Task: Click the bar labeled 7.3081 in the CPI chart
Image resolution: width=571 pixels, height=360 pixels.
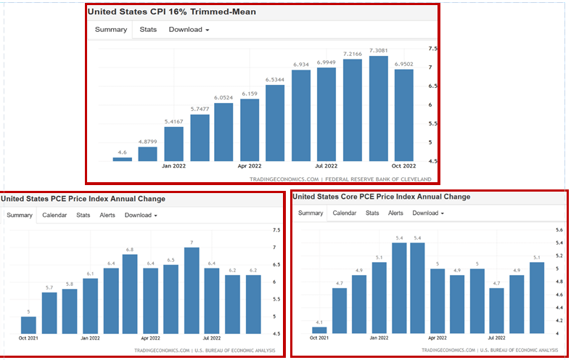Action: pos(379,108)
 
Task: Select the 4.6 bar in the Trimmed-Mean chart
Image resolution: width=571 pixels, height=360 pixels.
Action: pos(123,159)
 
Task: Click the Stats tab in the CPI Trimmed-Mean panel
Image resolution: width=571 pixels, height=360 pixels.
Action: pos(148,30)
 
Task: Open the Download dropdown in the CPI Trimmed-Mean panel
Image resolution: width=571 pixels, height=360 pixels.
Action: pos(189,30)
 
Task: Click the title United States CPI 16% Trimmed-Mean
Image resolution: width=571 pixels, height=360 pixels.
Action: pos(172,12)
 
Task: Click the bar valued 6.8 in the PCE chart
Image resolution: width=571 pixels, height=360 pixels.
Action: pos(131,294)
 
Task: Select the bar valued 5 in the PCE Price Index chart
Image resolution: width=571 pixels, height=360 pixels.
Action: pos(28,325)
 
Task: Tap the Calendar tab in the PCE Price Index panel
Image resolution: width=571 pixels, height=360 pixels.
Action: pos(54,215)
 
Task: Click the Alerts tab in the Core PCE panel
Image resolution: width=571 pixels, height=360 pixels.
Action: pos(395,213)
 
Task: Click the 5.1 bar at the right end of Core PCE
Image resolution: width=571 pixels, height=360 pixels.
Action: pos(536,298)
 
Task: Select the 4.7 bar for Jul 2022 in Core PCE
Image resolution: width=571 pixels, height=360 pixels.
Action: pos(497,311)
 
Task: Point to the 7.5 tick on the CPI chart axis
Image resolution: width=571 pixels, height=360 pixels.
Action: pos(433,49)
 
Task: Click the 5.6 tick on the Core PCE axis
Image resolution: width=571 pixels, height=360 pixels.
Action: pos(559,229)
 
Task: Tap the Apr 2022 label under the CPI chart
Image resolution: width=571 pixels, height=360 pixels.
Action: pos(250,165)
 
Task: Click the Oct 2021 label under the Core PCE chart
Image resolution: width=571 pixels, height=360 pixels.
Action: pos(319,338)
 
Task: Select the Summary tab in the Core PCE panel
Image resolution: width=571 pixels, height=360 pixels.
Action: pos(311,213)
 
